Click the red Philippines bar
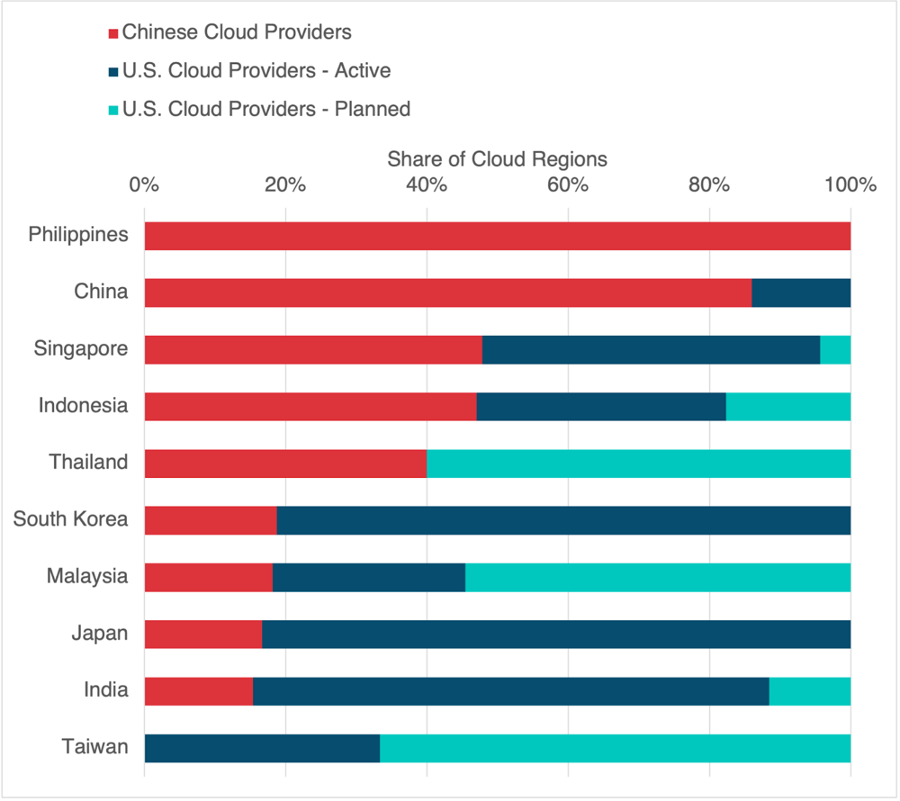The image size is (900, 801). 497,236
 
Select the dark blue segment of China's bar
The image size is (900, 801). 801,292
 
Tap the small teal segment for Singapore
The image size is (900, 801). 835,349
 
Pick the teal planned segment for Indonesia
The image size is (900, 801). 787,406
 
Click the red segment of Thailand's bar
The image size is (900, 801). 285,463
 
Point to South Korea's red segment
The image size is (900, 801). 211,519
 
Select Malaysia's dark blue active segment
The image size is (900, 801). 369,576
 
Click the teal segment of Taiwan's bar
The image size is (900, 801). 615,747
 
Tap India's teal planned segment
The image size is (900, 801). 810,690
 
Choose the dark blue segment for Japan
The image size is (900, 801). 556,634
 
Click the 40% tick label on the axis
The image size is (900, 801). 427,186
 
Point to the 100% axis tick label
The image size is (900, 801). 850,186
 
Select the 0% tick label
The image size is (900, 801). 144,186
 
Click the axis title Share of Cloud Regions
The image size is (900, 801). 497,159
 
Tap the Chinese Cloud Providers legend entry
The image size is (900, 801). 236,32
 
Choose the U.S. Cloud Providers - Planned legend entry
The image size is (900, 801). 265,109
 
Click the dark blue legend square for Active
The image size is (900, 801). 112,72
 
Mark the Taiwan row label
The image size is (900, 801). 94,747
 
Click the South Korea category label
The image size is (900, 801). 70,519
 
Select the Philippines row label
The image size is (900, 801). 78,236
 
